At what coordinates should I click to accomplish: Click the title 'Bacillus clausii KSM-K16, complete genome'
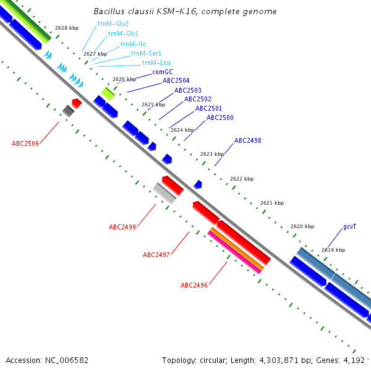coord(185,12)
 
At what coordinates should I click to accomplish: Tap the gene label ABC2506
coord(25,143)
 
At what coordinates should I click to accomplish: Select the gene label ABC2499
coord(122,227)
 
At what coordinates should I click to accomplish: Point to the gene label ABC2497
coord(156,255)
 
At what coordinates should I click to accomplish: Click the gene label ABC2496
coord(194,285)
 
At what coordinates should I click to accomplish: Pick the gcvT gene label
coord(350,226)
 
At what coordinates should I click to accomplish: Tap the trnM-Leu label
coord(156,62)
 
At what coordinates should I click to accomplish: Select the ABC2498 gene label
coord(247,140)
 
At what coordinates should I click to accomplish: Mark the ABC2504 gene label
coord(176,80)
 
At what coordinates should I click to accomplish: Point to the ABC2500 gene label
coord(220,117)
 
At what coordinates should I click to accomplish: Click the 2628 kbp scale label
coord(67,28)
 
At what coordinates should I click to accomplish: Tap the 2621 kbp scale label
coord(272,203)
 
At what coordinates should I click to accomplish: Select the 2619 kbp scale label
coord(333,250)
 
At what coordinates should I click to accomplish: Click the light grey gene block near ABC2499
coord(164,193)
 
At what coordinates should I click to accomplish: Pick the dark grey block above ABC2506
coord(68,111)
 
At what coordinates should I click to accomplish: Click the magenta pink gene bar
coord(234,252)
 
